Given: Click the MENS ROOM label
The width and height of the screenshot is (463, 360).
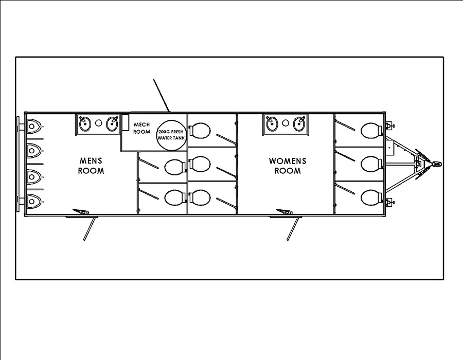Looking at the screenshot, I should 91,166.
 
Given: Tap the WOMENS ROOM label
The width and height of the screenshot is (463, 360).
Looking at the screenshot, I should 287,166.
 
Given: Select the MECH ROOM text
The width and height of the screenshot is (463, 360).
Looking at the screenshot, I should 142,128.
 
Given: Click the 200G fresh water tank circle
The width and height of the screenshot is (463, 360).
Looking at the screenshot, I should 171,135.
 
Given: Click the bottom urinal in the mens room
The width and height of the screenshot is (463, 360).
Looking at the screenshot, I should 33,200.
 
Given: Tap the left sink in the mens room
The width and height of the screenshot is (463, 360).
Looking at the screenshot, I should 85,123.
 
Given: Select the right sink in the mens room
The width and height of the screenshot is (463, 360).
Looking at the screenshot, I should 112,123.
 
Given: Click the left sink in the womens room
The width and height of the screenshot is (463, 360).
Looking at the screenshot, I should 272,123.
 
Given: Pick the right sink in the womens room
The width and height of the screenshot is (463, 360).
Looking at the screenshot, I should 298,123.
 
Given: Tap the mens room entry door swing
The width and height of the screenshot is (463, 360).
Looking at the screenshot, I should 91,227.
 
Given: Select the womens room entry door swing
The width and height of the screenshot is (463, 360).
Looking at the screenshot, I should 293,227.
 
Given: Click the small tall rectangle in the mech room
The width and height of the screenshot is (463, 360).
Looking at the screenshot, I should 125,122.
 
